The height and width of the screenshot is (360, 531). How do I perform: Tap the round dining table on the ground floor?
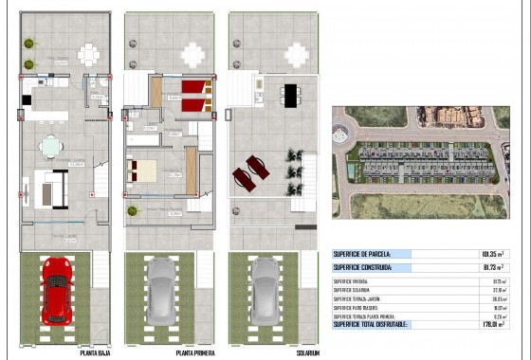coord(51,146)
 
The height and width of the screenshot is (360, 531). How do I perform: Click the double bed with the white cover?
coord(146,171)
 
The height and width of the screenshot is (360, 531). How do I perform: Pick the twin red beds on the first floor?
coord(193,95)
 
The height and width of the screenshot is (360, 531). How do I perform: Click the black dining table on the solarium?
coord(290,93)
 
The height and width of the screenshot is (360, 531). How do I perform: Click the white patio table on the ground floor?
coord(88,53)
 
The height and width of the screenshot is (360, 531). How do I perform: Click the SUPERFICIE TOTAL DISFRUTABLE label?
coord(371,325)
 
